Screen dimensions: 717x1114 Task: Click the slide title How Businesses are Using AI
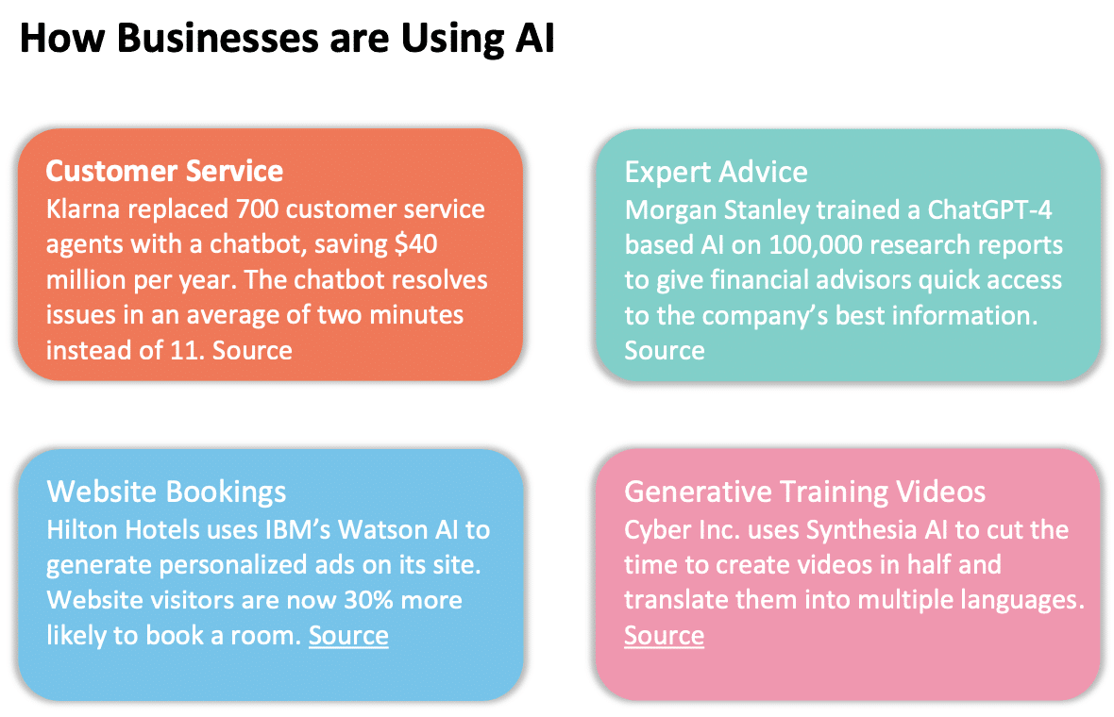[x=286, y=39]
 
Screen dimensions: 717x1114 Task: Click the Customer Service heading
[x=164, y=171]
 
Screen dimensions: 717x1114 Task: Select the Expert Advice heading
[x=716, y=172]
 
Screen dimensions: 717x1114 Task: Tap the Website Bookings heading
[x=166, y=492]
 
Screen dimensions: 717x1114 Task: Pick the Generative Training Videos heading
[x=804, y=492]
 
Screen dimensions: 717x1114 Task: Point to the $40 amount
[x=415, y=243]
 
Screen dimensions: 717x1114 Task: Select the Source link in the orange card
[x=252, y=350]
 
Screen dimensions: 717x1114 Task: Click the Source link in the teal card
[x=664, y=350]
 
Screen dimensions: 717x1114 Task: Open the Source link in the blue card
[x=348, y=635]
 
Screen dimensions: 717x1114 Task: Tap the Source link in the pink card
[x=664, y=635]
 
